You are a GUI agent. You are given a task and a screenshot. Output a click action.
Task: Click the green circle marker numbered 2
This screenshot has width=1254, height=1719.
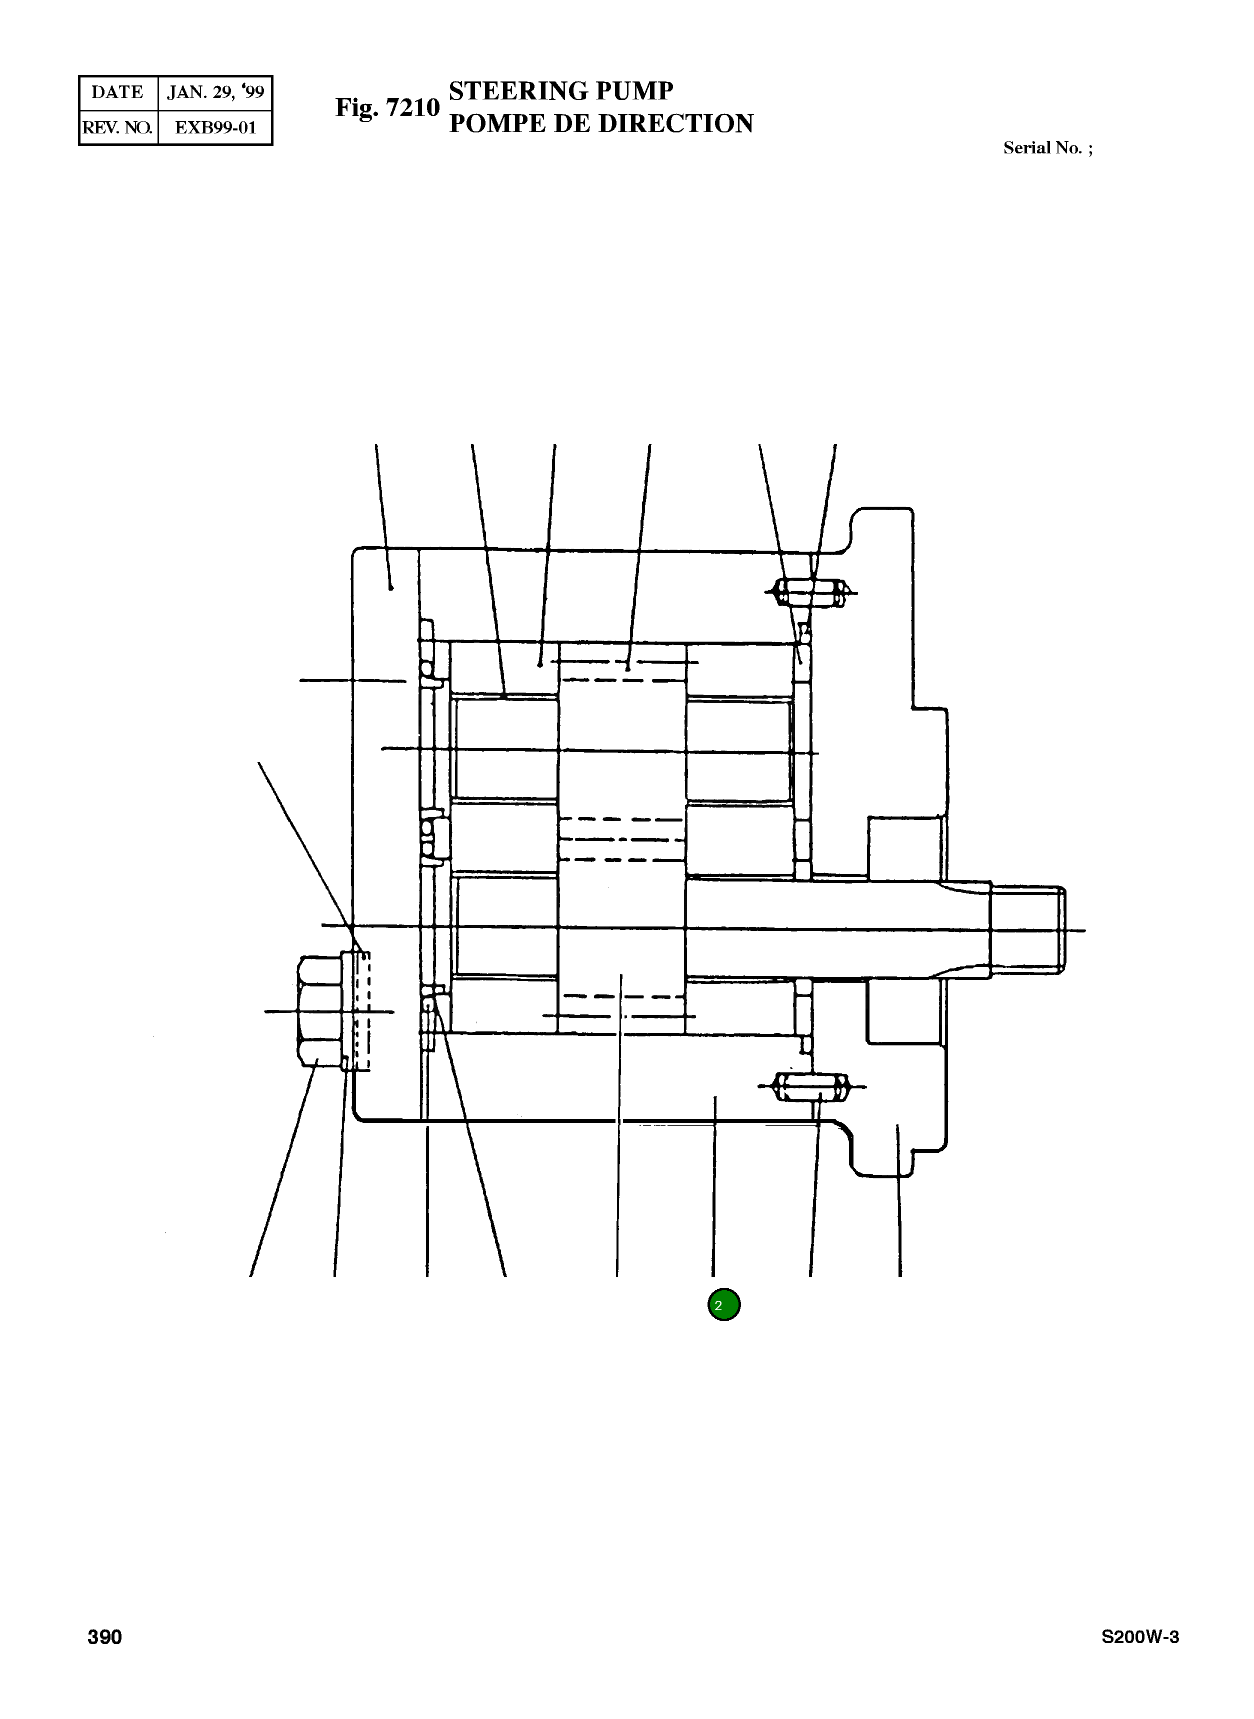(x=723, y=1305)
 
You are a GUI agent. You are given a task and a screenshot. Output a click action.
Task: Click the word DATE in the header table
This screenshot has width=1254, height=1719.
(x=117, y=92)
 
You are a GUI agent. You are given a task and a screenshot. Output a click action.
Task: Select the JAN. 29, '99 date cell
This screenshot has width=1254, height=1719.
(x=215, y=92)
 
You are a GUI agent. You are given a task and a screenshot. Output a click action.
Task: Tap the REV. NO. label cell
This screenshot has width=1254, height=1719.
(x=117, y=127)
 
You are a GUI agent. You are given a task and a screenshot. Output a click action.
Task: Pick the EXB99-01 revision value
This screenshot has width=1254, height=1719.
(x=215, y=127)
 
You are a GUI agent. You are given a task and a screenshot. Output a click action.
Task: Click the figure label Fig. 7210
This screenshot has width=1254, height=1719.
(x=387, y=108)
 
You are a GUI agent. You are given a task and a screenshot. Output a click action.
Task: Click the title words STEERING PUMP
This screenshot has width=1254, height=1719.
(x=560, y=91)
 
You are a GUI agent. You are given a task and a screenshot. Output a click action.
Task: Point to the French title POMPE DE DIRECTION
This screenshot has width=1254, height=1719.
(x=600, y=123)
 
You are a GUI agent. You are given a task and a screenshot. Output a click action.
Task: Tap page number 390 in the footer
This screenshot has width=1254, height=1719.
(x=105, y=1659)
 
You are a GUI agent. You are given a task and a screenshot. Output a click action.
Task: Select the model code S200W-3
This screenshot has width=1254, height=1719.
(x=1140, y=1659)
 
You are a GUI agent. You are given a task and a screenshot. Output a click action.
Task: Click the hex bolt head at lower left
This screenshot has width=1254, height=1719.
(x=321, y=1011)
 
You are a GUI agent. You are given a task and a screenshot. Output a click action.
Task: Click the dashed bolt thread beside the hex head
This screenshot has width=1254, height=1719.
(x=363, y=1011)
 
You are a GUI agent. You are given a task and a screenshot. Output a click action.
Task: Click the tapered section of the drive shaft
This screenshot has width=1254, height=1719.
(x=964, y=929)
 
